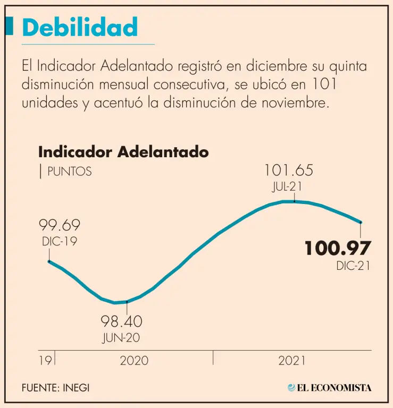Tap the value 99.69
61,226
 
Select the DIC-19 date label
60,242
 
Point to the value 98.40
122,321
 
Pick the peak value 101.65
289,171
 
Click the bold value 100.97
337,248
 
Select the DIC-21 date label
353,266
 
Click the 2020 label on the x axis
134,361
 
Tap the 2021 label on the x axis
292,361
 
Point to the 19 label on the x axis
45,361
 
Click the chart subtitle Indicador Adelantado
123,152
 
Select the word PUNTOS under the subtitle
69,172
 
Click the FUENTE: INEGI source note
56,388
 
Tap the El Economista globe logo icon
291,388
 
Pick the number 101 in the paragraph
326,84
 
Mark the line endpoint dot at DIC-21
361,223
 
